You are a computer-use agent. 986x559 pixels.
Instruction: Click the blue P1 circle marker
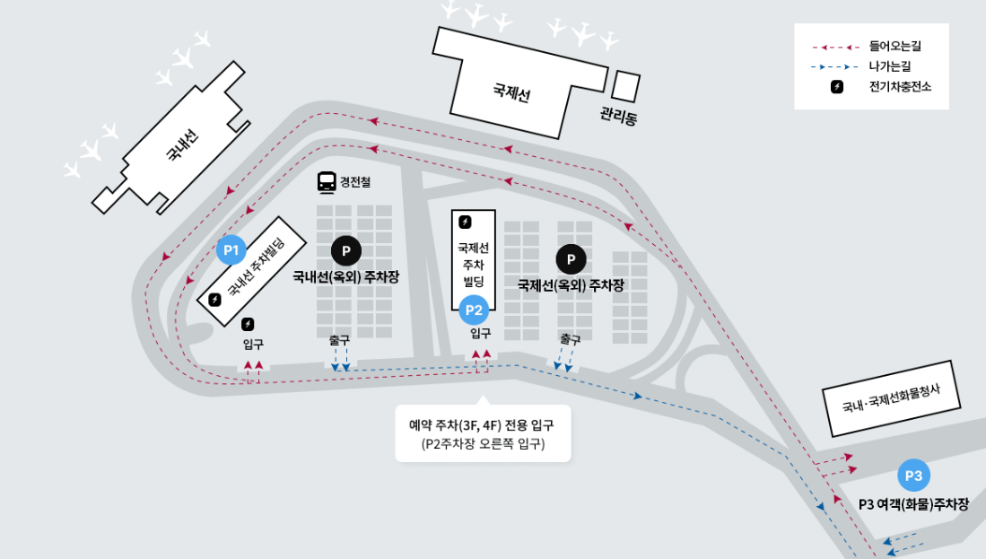tap(231, 249)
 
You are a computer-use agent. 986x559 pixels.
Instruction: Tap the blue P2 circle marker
tap(473, 311)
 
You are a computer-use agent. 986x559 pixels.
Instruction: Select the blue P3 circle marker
tap(914, 475)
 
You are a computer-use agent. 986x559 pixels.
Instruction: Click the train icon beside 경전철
tap(327, 182)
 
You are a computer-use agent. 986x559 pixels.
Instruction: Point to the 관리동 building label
tap(618, 115)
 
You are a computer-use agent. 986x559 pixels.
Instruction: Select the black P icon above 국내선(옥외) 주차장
tap(345, 250)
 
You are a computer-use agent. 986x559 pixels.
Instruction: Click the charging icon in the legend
tap(837, 87)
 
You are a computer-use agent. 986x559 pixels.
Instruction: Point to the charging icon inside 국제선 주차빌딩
tap(465, 222)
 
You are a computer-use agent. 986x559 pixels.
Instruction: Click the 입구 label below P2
tap(481, 333)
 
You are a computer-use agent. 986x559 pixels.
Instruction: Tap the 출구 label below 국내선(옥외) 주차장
tap(339, 341)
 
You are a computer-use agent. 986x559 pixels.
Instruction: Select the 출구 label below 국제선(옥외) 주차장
tap(570, 339)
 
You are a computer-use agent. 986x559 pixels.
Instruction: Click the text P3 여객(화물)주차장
tap(913, 504)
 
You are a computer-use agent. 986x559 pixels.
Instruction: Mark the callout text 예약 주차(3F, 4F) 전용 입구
tap(483, 424)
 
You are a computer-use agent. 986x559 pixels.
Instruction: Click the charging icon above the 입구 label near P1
tap(248, 324)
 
